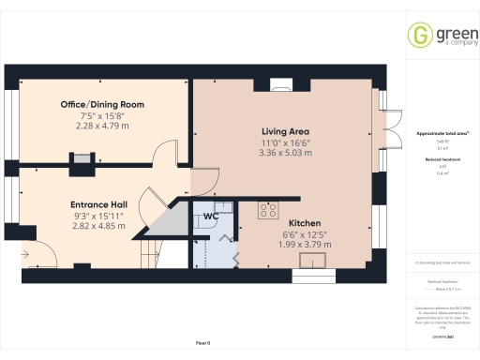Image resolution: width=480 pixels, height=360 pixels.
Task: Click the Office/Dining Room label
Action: point(103,103)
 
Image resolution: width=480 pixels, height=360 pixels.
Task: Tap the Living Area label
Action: point(285,130)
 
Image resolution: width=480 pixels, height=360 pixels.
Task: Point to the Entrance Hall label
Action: point(98,203)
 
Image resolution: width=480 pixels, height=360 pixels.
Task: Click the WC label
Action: point(211,217)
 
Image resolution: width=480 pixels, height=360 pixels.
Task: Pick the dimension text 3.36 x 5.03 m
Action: point(285,153)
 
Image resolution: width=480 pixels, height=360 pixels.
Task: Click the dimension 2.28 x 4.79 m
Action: point(103,126)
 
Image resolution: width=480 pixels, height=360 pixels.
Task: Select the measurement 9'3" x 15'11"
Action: point(98,215)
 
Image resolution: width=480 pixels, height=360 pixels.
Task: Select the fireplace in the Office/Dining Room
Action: point(82,159)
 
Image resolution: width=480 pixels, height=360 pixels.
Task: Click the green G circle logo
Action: point(419,36)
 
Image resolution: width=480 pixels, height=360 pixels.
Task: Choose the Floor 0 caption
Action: point(202,344)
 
